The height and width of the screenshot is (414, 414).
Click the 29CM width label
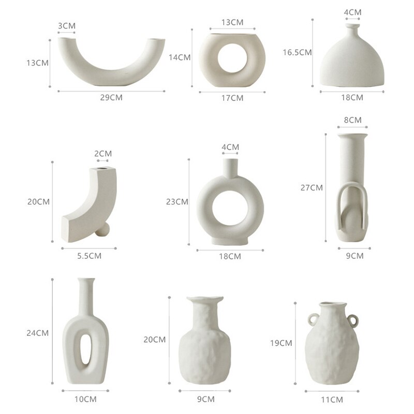pos(111,97)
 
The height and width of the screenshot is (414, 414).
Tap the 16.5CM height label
pos(297,52)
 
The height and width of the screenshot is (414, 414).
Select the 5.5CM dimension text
pos(89,256)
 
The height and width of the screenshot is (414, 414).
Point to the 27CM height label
pos(312,188)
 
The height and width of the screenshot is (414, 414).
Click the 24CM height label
pos(37,333)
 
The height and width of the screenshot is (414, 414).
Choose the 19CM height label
pos(281,343)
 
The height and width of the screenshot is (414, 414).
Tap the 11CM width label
pos(332,400)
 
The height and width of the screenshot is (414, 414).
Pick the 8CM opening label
pos(352,120)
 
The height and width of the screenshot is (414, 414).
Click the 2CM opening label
pos(103,153)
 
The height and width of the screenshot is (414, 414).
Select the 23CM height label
pos(177,202)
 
